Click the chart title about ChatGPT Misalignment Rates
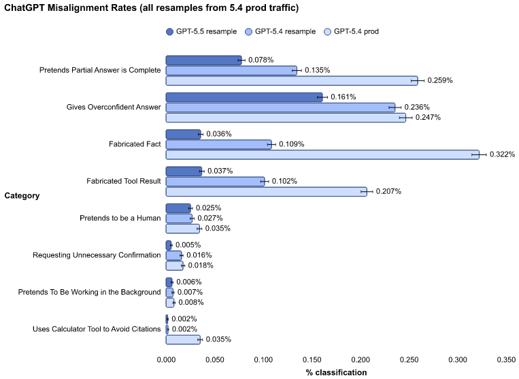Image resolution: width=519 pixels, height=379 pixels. (151, 7)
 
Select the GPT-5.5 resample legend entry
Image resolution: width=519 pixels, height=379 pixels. (197, 32)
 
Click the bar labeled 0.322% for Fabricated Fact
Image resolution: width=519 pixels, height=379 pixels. (322, 154)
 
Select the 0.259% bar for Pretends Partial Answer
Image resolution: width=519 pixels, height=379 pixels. (291, 80)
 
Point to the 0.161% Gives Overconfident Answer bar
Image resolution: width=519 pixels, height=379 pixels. (244, 97)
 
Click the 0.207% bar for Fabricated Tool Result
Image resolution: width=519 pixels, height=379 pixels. (266, 192)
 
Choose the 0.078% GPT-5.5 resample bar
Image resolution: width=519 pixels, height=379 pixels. (203, 60)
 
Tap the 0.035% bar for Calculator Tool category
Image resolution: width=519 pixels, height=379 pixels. (182, 340)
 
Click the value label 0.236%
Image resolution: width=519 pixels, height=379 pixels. (418, 107)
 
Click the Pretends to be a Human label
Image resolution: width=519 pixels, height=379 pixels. (120, 218)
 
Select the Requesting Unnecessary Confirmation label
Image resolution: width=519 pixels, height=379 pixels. (97, 255)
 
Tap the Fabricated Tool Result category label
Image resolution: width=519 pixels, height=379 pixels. (123, 181)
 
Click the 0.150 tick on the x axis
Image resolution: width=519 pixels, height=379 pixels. (312, 359)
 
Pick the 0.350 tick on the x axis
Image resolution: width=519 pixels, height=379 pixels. (506, 359)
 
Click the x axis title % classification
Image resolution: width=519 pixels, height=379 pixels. (336, 372)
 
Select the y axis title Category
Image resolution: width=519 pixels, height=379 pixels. (22, 196)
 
